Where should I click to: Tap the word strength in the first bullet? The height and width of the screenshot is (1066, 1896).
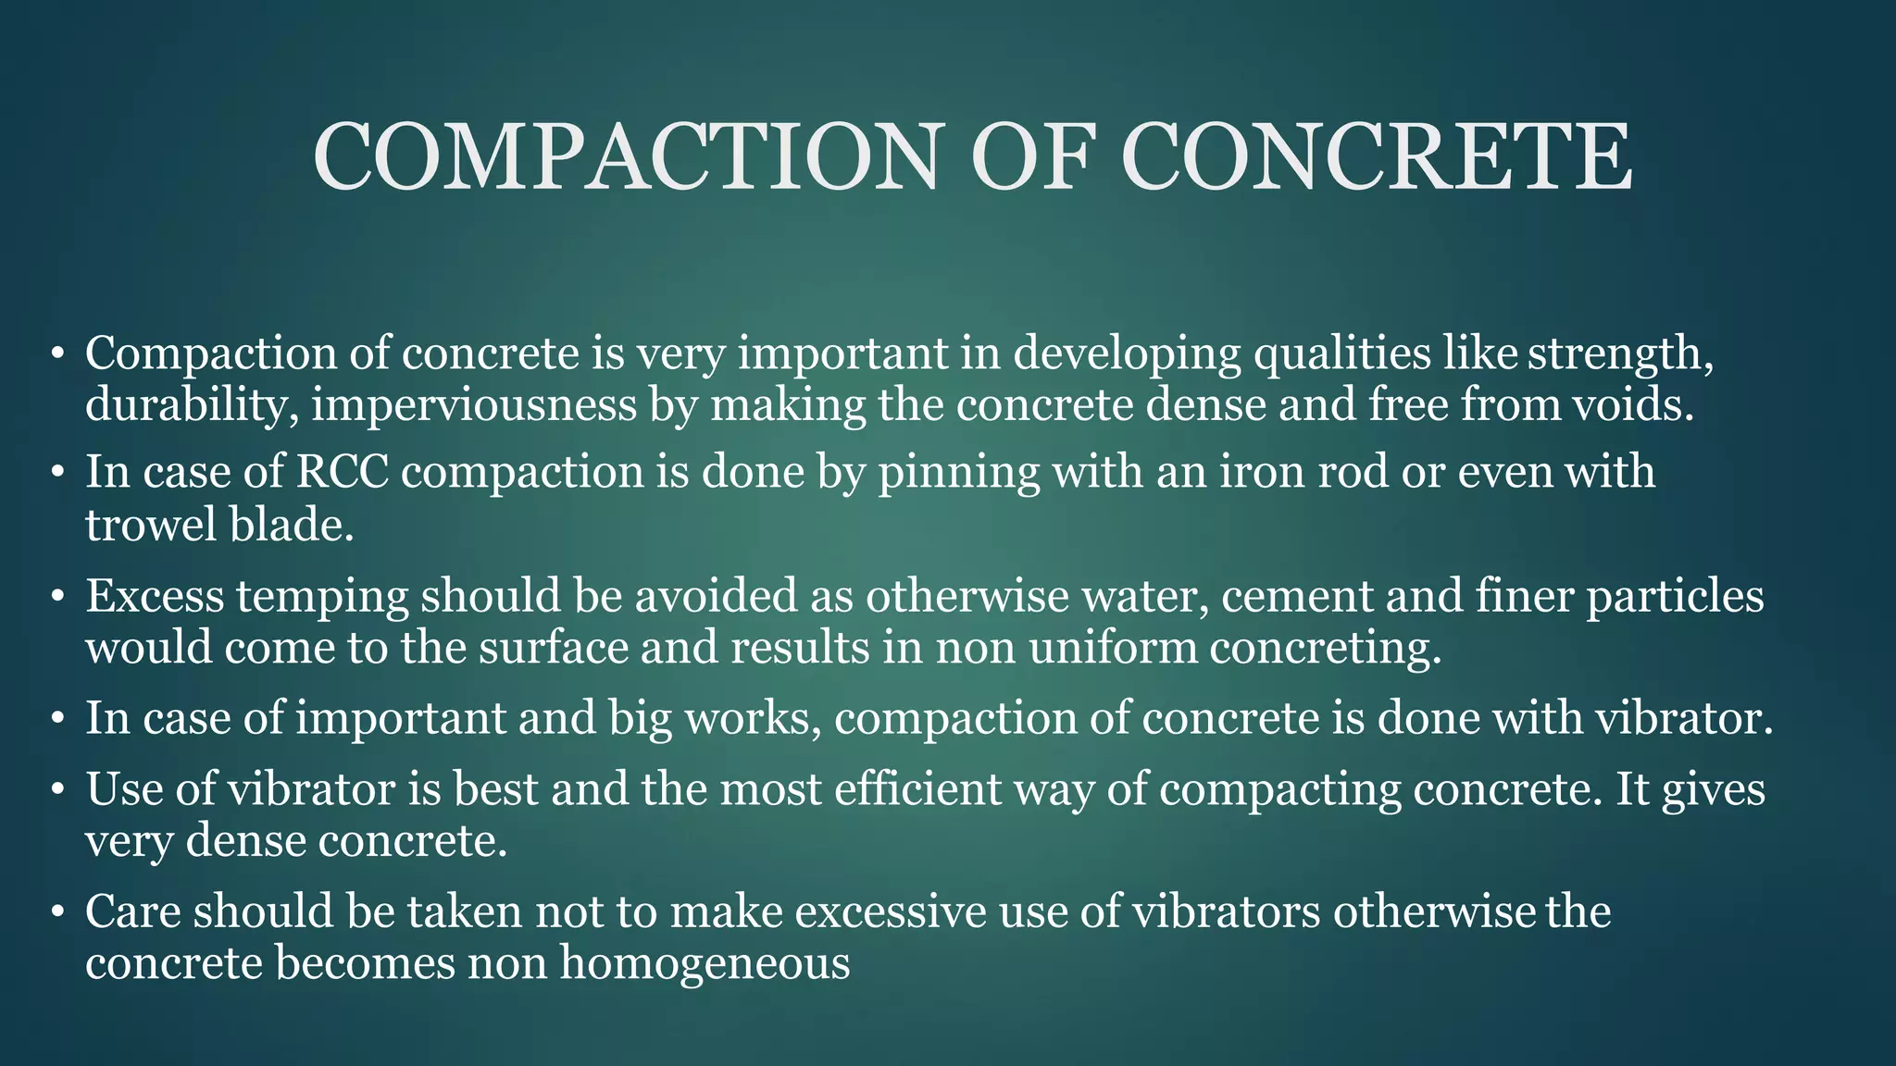point(1620,354)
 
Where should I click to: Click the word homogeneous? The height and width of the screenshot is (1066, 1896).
point(705,963)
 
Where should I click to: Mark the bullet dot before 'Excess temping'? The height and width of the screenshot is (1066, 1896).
point(58,596)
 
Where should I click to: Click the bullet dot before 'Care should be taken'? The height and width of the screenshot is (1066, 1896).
point(58,912)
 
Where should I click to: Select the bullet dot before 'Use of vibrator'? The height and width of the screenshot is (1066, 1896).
point(58,790)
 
